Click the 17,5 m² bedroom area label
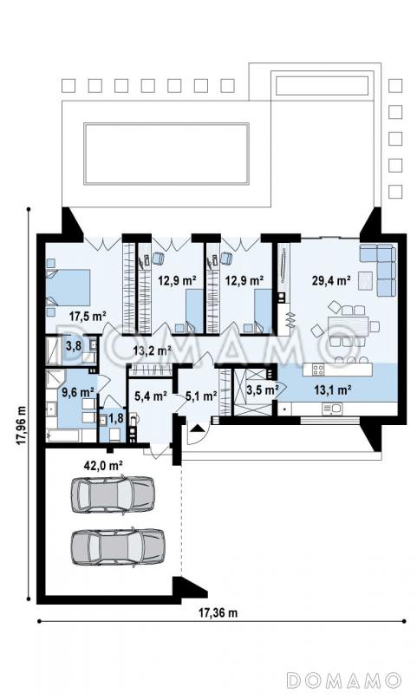[x=88, y=316]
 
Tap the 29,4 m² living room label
[x=331, y=280]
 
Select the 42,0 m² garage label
[x=103, y=465]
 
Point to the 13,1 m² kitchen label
[x=333, y=390]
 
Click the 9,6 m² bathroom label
[x=78, y=392]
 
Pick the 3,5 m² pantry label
[x=262, y=390]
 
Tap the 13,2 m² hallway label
[x=153, y=351]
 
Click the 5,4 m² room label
[x=150, y=396]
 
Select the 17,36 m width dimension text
[x=218, y=613]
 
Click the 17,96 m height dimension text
[x=21, y=426]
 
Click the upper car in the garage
[x=114, y=494]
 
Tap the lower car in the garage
[x=118, y=547]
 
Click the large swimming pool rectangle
[x=166, y=154]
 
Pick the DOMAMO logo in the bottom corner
[x=343, y=680]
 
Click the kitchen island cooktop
[x=317, y=370]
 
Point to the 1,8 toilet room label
[x=116, y=418]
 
